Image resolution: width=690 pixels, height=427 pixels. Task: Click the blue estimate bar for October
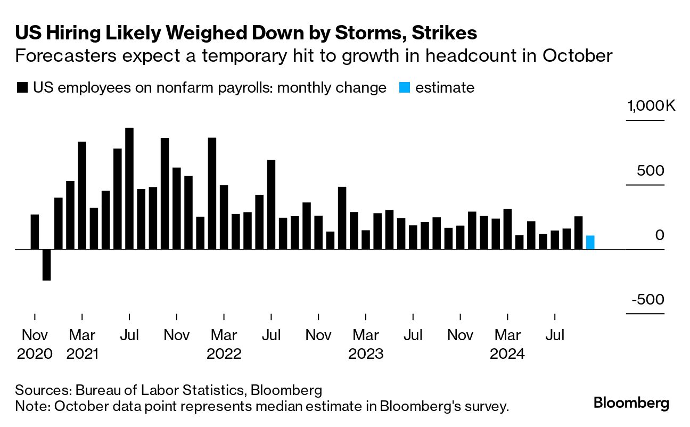[x=590, y=242]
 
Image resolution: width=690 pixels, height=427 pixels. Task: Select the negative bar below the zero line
[x=46, y=265]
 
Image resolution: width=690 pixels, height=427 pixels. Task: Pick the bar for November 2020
[x=35, y=232]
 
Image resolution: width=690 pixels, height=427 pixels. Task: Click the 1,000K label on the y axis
[x=651, y=106]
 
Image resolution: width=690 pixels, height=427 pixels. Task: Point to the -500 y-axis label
[x=648, y=300]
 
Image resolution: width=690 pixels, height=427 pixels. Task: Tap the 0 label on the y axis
[x=660, y=235]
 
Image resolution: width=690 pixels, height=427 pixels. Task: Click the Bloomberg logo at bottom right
[x=631, y=403]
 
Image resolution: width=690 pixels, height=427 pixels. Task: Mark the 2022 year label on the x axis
[x=224, y=354]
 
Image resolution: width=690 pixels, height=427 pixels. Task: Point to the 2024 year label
[x=508, y=354]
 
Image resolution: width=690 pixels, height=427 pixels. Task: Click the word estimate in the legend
[x=445, y=88]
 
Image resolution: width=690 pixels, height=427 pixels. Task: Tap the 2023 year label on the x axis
[x=366, y=354]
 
